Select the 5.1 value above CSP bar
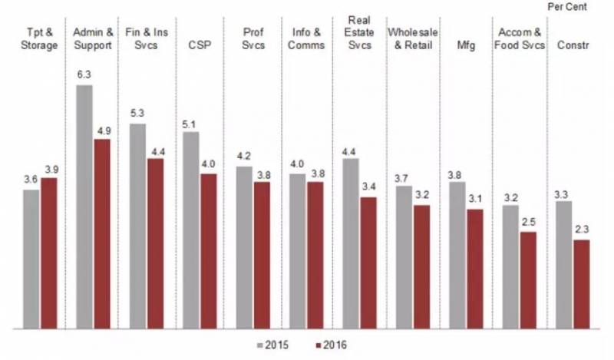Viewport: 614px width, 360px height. pos(190,123)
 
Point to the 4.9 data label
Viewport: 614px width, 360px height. pos(102,130)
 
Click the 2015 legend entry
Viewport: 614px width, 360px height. pos(274,345)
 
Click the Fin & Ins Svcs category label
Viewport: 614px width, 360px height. pos(146,39)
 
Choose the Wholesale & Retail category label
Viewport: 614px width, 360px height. pos(413,39)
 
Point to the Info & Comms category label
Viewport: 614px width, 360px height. pos(307,39)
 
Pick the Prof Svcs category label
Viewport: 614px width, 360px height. pos(253,39)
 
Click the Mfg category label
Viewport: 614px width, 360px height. pos(467,45)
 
